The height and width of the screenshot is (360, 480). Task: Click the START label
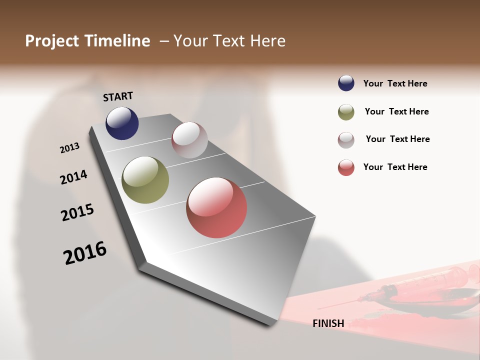click(118, 96)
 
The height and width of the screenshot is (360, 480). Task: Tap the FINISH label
click(328, 323)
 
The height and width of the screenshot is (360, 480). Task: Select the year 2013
click(69, 148)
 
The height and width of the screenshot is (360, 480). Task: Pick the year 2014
click(73, 177)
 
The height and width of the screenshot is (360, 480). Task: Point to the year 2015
click(77, 212)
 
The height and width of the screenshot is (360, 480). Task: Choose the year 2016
click(85, 253)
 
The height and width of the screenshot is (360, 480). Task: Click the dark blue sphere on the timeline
click(122, 123)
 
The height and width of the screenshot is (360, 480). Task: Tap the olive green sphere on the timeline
click(145, 180)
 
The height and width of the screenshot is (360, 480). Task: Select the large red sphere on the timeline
click(216, 207)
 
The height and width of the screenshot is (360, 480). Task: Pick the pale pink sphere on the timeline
click(189, 140)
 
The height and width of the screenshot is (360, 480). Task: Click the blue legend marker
click(346, 83)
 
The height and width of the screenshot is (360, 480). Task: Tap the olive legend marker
click(346, 112)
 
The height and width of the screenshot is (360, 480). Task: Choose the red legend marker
click(346, 167)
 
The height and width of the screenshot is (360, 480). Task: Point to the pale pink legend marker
click(346, 140)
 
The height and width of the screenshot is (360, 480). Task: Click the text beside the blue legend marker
click(395, 83)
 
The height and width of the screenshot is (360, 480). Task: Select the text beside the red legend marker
click(395, 167)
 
